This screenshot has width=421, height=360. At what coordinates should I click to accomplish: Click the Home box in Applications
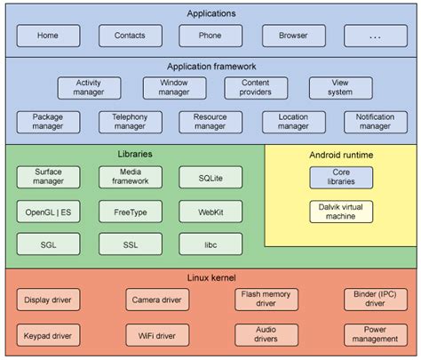(48, 36)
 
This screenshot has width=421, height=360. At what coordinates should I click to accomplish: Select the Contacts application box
(129, 36)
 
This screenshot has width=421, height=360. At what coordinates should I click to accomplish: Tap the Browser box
(293, 36)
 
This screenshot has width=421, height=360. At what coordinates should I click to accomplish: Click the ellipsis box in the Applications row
(375, 36)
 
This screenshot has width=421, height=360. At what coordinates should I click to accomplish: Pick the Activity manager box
(89, 87)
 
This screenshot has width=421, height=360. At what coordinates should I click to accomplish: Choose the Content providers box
(255, 87)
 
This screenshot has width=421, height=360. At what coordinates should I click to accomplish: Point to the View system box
(340, 87)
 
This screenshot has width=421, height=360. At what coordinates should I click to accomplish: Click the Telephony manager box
(129, 122)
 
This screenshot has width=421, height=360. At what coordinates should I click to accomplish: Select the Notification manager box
(375, 122)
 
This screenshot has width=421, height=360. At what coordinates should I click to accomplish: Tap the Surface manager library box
(48, 176)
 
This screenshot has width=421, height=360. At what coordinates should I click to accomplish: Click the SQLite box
(210, 177)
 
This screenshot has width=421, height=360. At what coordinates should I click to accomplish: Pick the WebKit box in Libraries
(210, 211)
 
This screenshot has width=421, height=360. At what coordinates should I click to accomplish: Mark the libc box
(210, 244)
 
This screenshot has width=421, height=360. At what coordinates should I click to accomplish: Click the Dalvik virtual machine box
(341, 212)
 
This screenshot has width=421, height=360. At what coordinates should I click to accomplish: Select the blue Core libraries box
(341, 176)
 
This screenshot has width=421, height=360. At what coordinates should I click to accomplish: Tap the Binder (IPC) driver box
(375, 299)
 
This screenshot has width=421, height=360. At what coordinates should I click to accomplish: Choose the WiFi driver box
(158, 335)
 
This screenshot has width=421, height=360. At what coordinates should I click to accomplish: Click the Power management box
(375, 335)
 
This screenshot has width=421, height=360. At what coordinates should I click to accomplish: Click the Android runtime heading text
(341, 155)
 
